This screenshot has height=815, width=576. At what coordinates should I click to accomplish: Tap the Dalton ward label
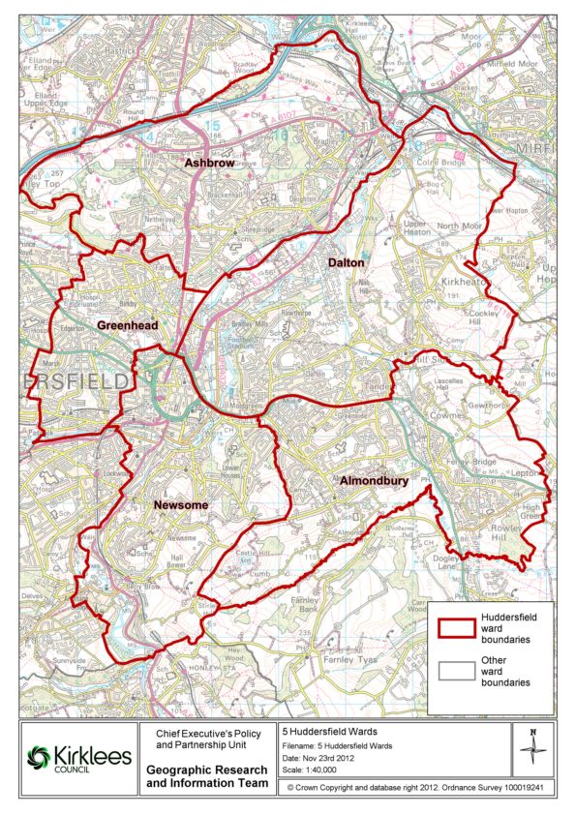pos(346,262)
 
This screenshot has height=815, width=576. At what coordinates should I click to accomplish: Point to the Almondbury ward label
pos(374,480)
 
